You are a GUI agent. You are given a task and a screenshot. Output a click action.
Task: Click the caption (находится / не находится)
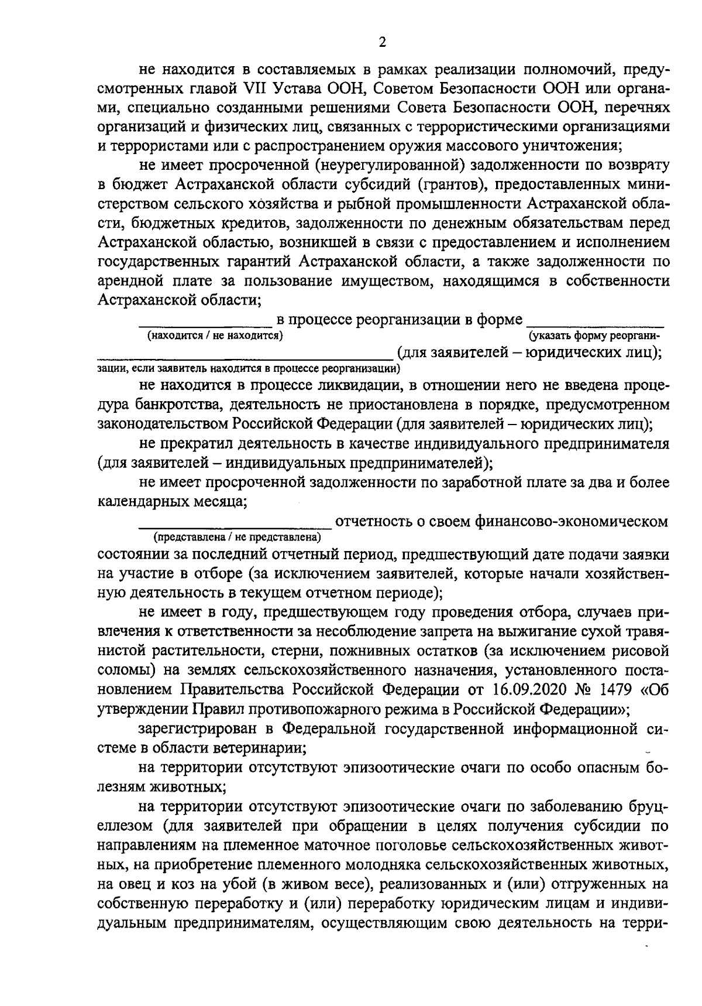click(x=215, y=336)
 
